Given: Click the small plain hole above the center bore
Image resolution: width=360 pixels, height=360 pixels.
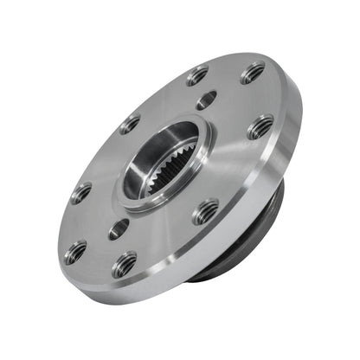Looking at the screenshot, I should pos(206,100).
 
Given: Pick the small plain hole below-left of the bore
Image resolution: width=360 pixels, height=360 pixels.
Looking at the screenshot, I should pos(119,228).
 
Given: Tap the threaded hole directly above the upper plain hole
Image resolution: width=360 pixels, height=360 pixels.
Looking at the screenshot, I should pos(197,75).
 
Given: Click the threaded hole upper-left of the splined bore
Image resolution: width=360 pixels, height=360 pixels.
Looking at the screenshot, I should pos(130,124).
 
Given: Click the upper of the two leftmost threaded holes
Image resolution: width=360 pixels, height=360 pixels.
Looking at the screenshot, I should pos(80,192).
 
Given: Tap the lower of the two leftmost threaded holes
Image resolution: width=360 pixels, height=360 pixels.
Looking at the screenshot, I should pos(75,251).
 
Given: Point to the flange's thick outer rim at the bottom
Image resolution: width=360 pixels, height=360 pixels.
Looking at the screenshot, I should pos(147,290).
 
